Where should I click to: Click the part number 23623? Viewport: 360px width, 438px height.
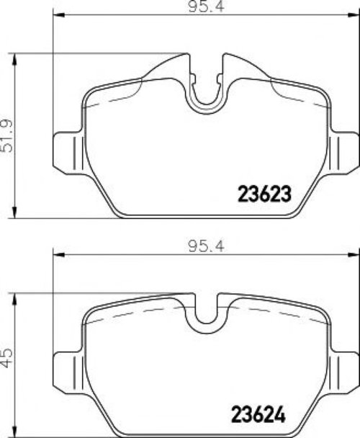pyautogui.click(x=264, y=194)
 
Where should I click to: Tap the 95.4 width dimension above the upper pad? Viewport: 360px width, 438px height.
pyautogui.click(x=207, y=6)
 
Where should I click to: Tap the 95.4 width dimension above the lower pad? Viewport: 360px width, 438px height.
pyautogui.click(x=207, y=246)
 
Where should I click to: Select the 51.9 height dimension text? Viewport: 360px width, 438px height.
pyautogui.click(x=6, y=135)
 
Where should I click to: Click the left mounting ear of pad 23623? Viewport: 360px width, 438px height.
pyautogui.click(x=68, y=153)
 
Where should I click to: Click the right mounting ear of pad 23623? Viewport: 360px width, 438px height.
pyautogui.click(x=344, y=153)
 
